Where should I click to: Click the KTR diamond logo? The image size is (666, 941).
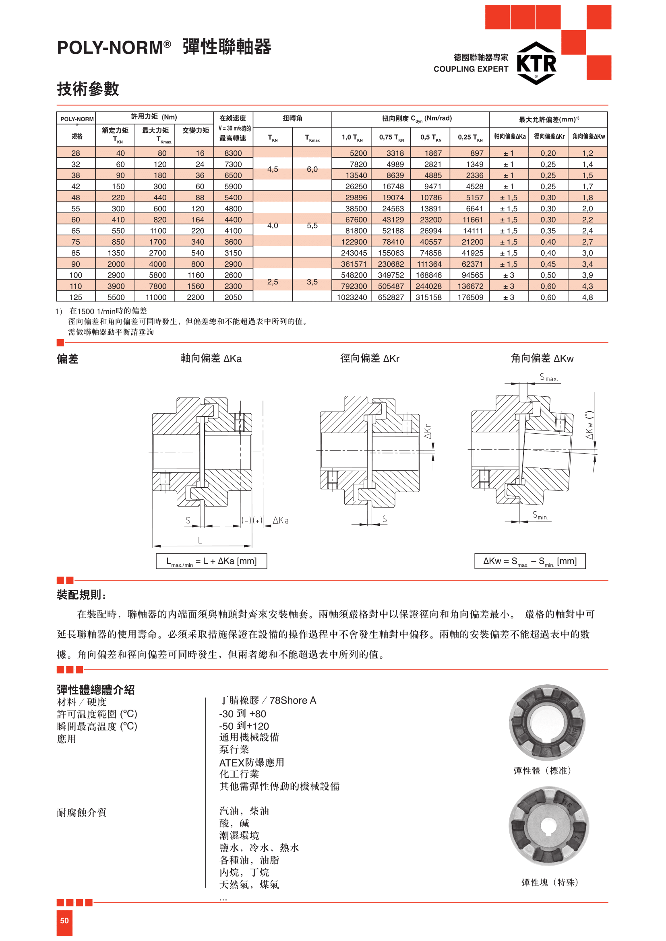(536, 63)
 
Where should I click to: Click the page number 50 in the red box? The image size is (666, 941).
(64, 920)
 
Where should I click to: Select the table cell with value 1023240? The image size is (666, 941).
(352, 297)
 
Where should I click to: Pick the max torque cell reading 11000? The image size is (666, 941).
(156, 297)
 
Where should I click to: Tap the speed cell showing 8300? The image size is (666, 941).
(233, 153)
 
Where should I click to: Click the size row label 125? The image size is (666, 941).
(76, 297)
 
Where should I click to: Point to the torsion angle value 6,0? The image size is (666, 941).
(312, 169)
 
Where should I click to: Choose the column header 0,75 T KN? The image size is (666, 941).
(391, 137)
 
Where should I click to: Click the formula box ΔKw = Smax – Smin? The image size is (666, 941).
(530, 561)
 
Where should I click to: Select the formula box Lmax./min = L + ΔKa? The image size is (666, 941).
(211, 561)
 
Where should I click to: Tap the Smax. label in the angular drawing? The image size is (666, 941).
(548, 377)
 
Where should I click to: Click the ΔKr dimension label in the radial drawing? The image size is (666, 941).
(428, 431)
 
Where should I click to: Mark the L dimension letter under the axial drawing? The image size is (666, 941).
(200, 540)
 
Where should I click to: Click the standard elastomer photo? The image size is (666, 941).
(547, 722)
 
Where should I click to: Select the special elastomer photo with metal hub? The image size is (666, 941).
(548, 826)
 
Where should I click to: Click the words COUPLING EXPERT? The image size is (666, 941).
(470, 69)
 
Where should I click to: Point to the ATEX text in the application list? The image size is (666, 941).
(232, 763)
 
